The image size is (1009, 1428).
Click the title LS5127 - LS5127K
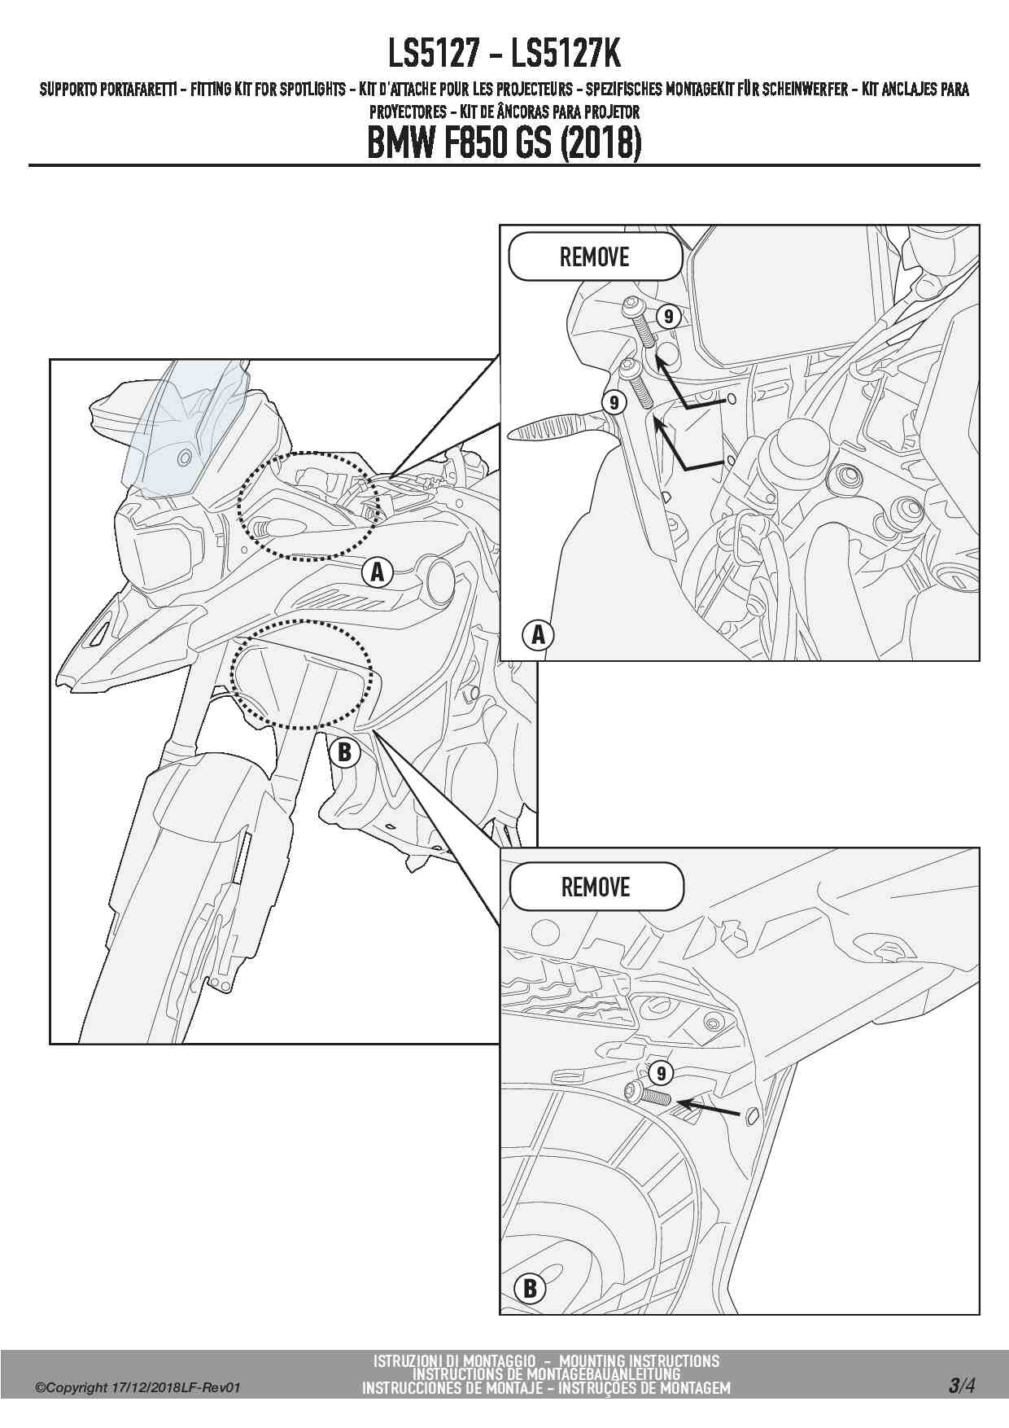(504, 55)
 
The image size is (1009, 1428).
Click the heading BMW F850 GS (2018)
(504, 143)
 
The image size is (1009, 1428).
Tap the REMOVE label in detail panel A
(595, 257)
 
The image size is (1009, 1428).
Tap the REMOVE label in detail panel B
(596, 887)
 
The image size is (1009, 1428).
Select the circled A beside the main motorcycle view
(377, 572)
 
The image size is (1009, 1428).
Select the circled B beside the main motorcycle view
(345, 751)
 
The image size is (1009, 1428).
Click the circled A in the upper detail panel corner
(538, 634)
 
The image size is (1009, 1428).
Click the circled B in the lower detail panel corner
(530, 1288)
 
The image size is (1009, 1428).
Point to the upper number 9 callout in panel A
(668, 316)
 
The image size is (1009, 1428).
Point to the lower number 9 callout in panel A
(614, 402)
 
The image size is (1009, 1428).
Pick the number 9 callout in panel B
(661, 1074)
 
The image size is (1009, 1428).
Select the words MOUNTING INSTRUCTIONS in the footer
(640, 1360)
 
